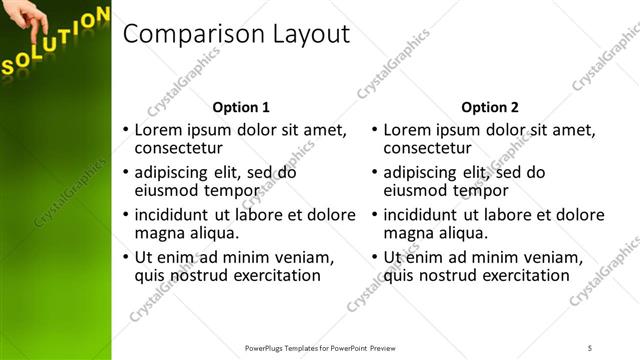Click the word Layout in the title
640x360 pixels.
pos(311,34)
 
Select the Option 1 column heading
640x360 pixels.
pos(242,107)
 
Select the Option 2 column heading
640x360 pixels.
pos(491,107)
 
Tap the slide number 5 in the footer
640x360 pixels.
pos(590,348)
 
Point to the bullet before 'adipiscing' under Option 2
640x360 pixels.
pos(374,172)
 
